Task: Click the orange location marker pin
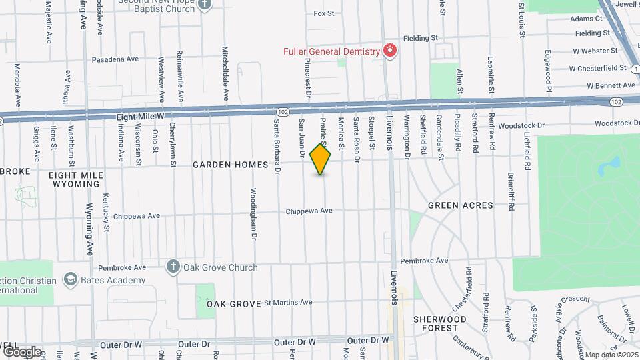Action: click(321, 159)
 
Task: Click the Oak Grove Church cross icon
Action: click(173, 267)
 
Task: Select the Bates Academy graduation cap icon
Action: click(69, 279)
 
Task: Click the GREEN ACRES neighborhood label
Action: click(461, 205)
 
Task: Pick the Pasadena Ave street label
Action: click(115, 59)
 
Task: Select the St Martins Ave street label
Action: click(288, 302)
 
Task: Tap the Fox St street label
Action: click(323, 13)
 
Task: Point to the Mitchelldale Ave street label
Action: click(225, 73)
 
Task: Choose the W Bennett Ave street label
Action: click(611, 85)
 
